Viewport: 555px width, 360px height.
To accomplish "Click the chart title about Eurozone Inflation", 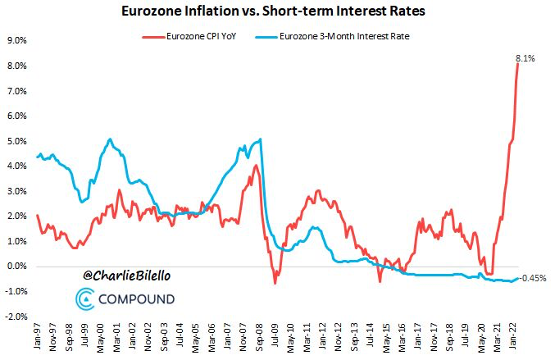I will point(276,11).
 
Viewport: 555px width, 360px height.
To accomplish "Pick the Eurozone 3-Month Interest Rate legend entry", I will point(345,37).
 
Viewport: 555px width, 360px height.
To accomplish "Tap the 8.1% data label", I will point(525,57).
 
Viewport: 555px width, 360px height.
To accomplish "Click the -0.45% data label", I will point(534,278).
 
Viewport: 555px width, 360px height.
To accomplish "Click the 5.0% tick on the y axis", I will point(17,141).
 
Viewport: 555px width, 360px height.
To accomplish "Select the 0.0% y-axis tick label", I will point(17,267).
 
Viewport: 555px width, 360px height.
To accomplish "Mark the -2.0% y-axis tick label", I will point(16,317).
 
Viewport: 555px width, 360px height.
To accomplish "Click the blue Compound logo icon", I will point(85,298).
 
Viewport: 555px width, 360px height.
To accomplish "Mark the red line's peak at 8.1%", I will point(518,63).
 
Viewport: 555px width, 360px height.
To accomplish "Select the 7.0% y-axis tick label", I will point(17,90).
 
